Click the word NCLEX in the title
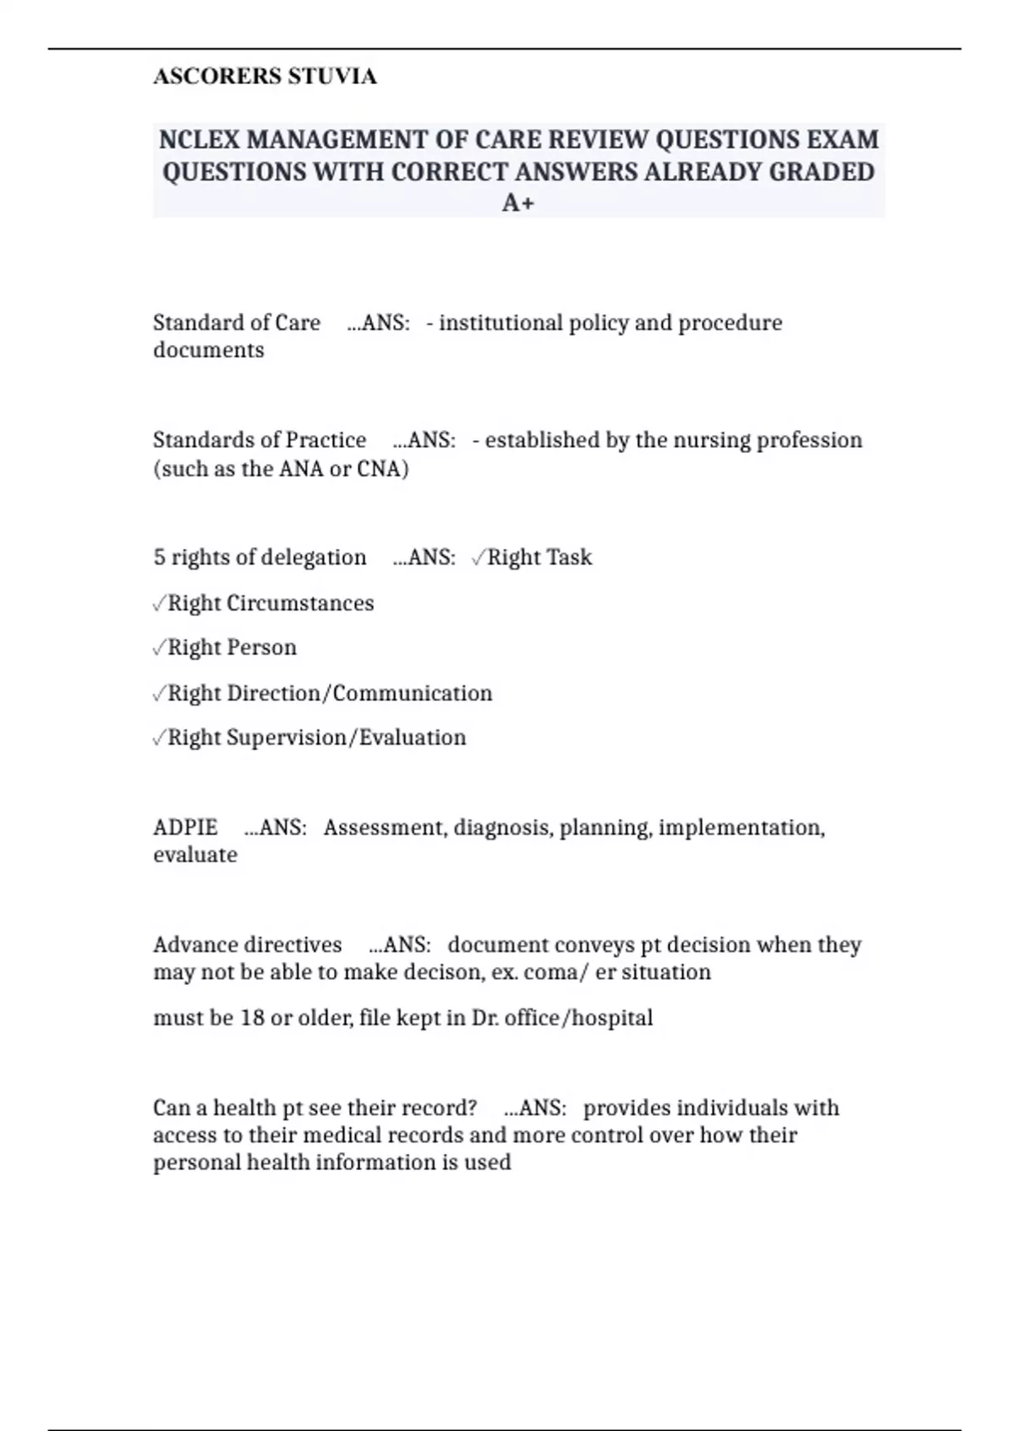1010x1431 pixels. click(198, 139)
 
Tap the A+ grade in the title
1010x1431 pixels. click(518, 203)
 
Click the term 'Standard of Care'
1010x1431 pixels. click(237, 323)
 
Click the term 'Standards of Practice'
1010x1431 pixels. click(259, 440)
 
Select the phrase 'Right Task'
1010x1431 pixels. click(540, 557)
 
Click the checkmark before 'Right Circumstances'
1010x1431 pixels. click(160, 604)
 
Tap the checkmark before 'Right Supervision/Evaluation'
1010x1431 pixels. click(160, 738)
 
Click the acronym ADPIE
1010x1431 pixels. click(185, 827)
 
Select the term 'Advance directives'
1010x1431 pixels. click(247, 944)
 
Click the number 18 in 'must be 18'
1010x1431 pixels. click(252, 1019)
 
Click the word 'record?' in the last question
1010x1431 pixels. click(437, 1108)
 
